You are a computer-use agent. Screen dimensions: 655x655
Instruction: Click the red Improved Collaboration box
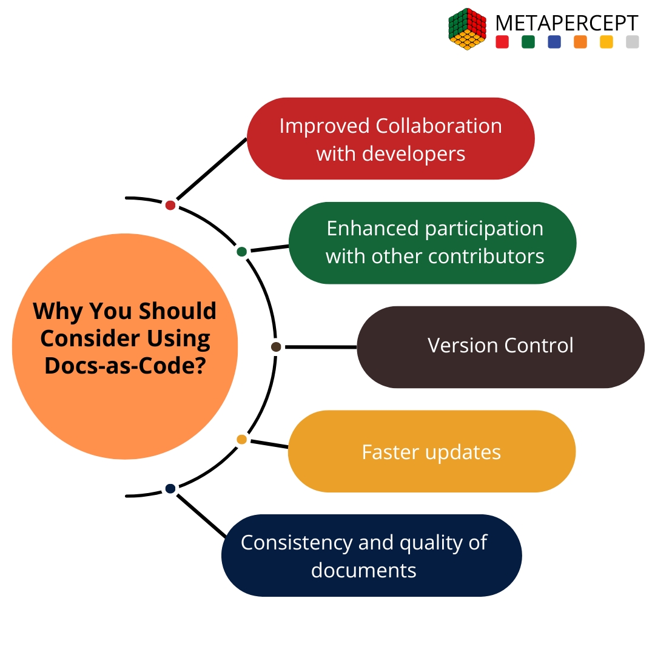[x=390, y=139]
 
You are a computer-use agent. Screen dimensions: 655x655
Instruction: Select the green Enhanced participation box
[x=432, y=243]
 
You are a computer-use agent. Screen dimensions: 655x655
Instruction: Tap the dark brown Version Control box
[x=500, y=346]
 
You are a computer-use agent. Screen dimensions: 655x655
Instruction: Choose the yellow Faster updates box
[x=431, y=451]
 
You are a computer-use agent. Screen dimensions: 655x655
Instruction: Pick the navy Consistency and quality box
[x=371, y=556]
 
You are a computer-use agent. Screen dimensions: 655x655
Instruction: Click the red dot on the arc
[x=170, y=205]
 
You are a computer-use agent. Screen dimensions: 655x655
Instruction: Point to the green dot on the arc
[x=241, y=252]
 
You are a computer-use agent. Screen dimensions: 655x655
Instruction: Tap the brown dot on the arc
[x=276, y=347]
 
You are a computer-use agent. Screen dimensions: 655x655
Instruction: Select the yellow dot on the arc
[x=241, y=439]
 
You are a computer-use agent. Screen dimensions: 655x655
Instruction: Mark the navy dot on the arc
[x=170, y=488]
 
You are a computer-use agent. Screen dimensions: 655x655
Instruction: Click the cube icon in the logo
[x=468, y=29]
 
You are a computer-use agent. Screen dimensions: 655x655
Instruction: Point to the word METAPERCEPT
[x=566, y=23]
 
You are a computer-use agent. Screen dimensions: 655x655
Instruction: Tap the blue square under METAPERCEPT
[x=554, y=42]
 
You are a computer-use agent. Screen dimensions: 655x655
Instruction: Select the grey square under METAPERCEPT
[x=632, y=42]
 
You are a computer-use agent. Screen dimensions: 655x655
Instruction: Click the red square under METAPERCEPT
[x=502, y=42]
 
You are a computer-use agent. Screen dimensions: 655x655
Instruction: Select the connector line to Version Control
[x=320, y=347]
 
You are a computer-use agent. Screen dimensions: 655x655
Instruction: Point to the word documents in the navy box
[x=363, y=570]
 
